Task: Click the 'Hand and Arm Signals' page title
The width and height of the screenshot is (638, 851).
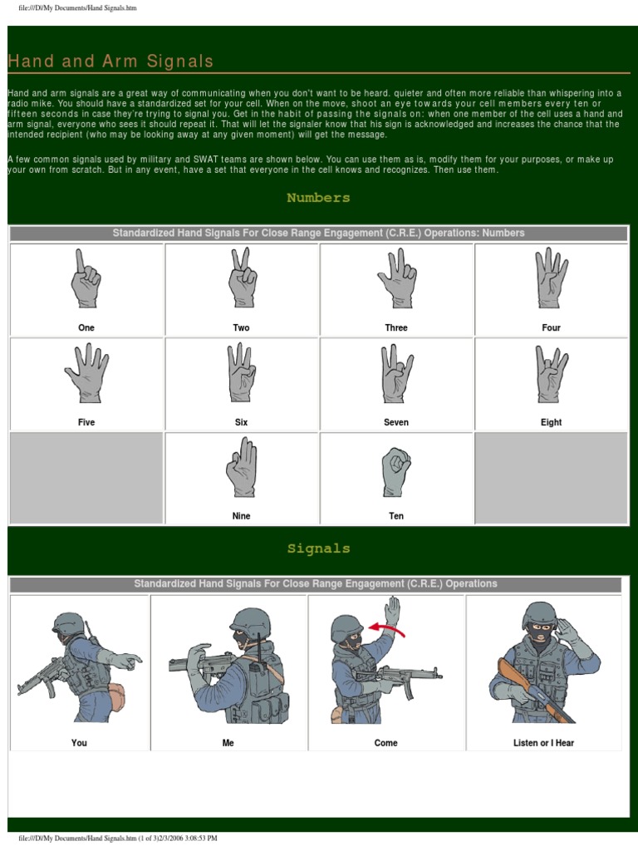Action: pos(110,61)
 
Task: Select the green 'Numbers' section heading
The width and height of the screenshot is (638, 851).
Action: pos(318,198)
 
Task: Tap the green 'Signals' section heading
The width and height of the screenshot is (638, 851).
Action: pos(318,548)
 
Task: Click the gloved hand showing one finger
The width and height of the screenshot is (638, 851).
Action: pos(86,280)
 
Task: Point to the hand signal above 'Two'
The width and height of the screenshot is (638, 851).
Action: pos(242,278)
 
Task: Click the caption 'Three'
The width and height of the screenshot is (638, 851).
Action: pos(396,327)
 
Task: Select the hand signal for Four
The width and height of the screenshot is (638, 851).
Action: pos(551,278)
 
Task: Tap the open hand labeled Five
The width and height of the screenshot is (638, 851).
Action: pos(86,373)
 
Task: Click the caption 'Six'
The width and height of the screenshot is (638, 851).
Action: pos(242,422)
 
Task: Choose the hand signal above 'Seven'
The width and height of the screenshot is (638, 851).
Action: pos(396,373)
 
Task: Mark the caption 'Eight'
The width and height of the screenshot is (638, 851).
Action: pos(551,422)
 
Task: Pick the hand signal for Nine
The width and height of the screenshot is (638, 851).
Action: pos(242,467)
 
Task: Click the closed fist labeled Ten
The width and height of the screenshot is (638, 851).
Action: pos(396,471)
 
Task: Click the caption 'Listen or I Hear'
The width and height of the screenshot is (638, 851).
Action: pos(543,743)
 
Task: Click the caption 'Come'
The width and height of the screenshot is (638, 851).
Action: pos(386,743)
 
